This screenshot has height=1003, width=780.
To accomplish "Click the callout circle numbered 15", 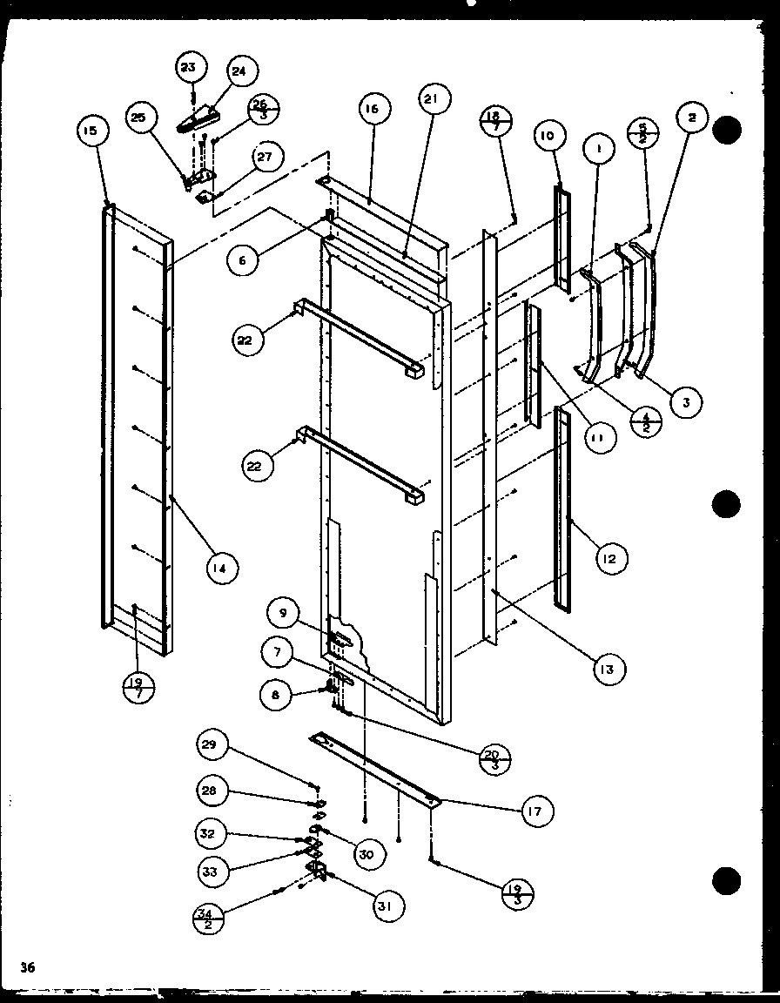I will [91, 131].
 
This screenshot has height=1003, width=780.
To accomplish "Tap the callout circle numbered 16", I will [373, 109].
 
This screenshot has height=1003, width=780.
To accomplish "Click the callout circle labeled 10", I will [547, 136].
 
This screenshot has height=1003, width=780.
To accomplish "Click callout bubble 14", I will [221, 569].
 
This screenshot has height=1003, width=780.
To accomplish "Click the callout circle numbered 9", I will [283, 614].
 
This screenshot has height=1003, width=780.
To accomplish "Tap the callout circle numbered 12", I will [609, 558].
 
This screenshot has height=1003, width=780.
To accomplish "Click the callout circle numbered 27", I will [266, 158].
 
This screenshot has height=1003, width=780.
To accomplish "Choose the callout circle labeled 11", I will [597, 441].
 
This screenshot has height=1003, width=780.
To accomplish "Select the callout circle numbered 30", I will [366, 855].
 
